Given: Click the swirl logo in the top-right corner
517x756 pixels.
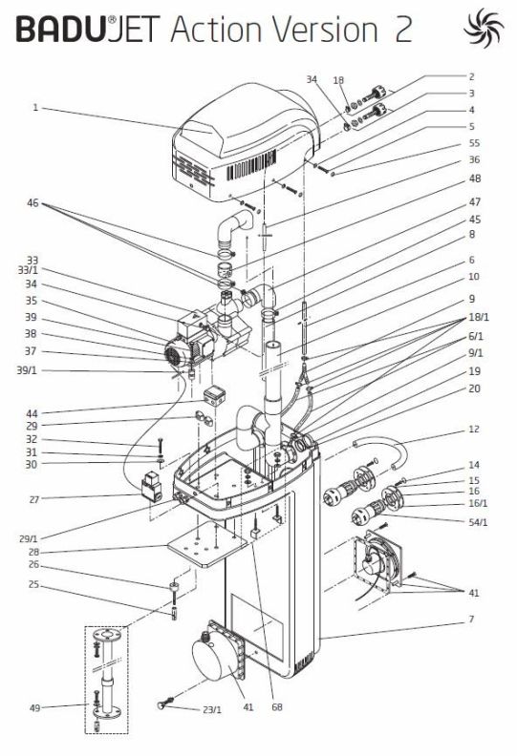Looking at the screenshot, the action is click(x=484, y=28).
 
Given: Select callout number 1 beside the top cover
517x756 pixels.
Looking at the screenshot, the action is click(x=35, y=107).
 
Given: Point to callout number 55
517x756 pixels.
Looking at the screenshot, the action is click(x=474, y=143).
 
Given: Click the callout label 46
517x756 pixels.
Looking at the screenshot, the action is click(x=32, y=203).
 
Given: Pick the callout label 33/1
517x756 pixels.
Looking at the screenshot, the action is click(x=28, y=270).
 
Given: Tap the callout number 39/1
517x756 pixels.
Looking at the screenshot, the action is click(x=27, y=370).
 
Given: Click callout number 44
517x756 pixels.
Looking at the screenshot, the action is click(x=32, y=413).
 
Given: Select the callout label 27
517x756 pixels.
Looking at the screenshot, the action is click(x=33, y=499).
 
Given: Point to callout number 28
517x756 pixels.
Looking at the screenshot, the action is click(x=33, y=552).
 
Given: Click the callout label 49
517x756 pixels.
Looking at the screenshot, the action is click(x=34, y=707).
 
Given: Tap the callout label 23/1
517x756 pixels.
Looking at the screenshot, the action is click(x=212, y=710).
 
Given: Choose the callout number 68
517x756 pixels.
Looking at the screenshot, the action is click(x=277, y=707).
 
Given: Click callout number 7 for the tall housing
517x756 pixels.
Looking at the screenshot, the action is click(x=472, y=619).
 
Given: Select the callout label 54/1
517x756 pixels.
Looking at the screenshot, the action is click(x=478, y=522).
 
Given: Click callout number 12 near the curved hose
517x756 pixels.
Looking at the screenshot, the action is click(x=474, y=430).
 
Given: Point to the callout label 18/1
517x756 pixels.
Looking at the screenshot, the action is click(x=479, y=317).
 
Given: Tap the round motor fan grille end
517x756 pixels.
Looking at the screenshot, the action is click(x=171, y=356).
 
